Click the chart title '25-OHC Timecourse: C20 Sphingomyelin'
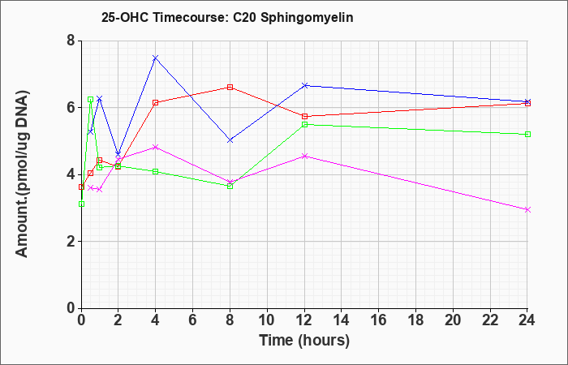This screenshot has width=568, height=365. pyautogui.click(x=227, y=17)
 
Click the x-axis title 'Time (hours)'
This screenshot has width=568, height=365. pyautogui.click(x=304, y=341)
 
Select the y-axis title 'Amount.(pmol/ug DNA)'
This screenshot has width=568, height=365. pyautogui.click(x=22, y=174)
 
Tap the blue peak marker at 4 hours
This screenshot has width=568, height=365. pyautogui.click(x=156, y=58)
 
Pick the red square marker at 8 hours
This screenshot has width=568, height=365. pyautogui.click(x=230, y=87)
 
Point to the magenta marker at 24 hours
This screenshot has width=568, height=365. pyautogui.click(x=527, y=209)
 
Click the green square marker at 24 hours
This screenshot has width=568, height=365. pyautogui.click(x=527, y=135)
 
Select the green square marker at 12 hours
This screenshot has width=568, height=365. pyautogui.click(x=304, y=124)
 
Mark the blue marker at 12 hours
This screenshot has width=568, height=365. pyautogui.click(x=304, y=85)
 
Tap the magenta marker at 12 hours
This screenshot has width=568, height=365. pyautogui.click(x=304, y=156)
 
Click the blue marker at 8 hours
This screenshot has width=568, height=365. pyautogui.click(x=230, y=140)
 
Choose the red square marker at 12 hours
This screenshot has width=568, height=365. pyautogui.click(x=304, y=116)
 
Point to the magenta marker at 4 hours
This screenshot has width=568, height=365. pyautogui.click(x=156, y=147)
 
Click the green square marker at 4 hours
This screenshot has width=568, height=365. pyautogui.click(x=156, y=171)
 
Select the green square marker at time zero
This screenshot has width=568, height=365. pyautogui.click(x=81, y=204)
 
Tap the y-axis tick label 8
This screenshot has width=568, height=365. pyautogui.click(x=71, y=41)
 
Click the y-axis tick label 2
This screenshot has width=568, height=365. pyautogui.click(x=71, y=242)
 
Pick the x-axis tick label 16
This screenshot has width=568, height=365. pyautogui.click(x=379, y=320)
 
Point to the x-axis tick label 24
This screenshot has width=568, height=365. pyautogui.click(x=527, y=320)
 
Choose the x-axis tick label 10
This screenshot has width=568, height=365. pyautogui.click(x=267, y=320)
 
